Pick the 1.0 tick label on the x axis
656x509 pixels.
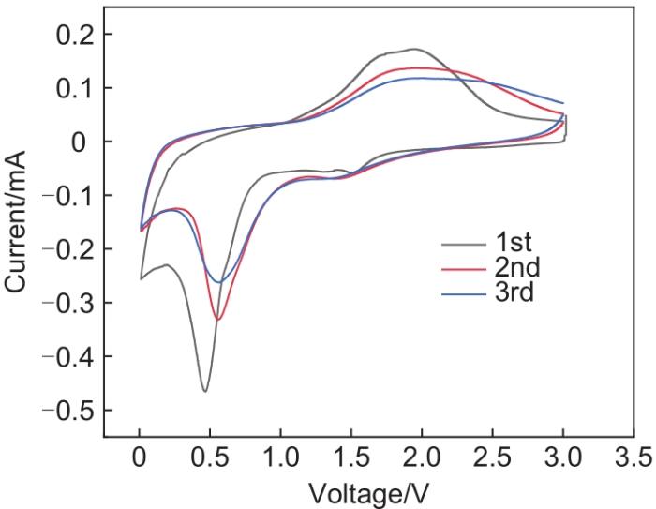click(x=280, y=457)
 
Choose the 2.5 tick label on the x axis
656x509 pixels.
click(x=492, y=457)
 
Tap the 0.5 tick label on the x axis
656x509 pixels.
click(x=210, y=457)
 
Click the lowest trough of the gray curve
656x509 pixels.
click(x=204, y=391)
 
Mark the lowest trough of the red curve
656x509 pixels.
click(x=218, y=320)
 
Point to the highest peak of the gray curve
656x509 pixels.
click(x=414, y=49)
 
